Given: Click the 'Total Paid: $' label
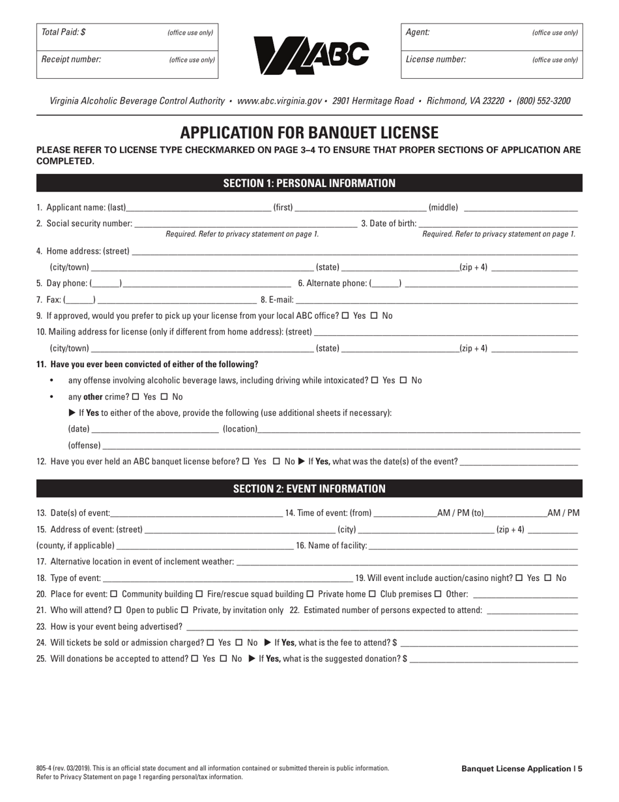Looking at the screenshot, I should coord(63,32).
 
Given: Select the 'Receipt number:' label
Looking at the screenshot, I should coord(71,59).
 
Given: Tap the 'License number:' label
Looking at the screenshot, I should coord(436,59).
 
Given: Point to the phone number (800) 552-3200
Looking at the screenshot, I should coord(543,101).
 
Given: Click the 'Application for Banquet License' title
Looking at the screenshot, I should coord(309,132).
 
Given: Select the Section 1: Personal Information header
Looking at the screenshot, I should coord(309,183).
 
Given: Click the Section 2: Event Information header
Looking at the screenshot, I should coord(309,488).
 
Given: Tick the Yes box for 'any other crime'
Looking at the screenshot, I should coord(136,396).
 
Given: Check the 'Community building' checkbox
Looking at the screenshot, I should coord(114,594).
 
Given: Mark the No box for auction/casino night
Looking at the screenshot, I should coord(548,578).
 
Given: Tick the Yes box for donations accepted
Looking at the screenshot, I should coord(195,659).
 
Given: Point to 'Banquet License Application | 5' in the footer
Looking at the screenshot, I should coord(522,769).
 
